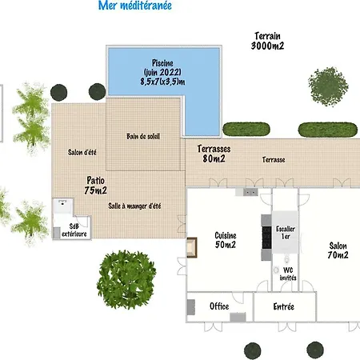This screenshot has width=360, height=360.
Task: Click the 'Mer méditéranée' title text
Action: click(x=135, y=6)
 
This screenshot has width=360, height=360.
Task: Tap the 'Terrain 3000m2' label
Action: click(x=267, y=41)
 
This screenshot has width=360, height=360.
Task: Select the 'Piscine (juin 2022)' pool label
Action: click(x=162, y=67)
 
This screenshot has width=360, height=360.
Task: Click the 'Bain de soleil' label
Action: click(x=143, y=136)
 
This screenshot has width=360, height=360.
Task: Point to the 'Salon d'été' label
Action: click(x=82, y=152)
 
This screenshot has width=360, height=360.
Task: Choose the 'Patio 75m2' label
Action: click(x=95, y=185)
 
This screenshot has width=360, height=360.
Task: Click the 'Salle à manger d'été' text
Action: click(x=134, y=206)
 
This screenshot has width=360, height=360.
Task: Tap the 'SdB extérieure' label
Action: click(x=74, y=230)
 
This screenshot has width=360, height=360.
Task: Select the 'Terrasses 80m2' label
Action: click(x=214, y=154)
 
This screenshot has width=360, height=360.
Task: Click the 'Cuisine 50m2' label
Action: click(x=226, y=240)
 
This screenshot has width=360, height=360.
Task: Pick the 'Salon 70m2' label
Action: click(x=338, y=250)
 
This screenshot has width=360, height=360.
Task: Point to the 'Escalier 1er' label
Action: click(x=286, y=233)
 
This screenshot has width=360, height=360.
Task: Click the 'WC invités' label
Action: click(x=288, y=274)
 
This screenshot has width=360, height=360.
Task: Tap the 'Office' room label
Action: click(x=219, y=306)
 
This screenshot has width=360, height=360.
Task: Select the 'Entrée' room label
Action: click(x=284, y=306)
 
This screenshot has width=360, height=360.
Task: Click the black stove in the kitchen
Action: click(x=266, y=238)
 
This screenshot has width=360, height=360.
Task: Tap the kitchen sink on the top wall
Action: click(x=250, y=192)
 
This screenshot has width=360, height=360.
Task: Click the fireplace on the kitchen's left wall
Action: click(x=192, y=247)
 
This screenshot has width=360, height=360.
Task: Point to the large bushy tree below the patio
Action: click(x=126, y=280)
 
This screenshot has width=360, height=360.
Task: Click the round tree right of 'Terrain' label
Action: click(x=328, y=86)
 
